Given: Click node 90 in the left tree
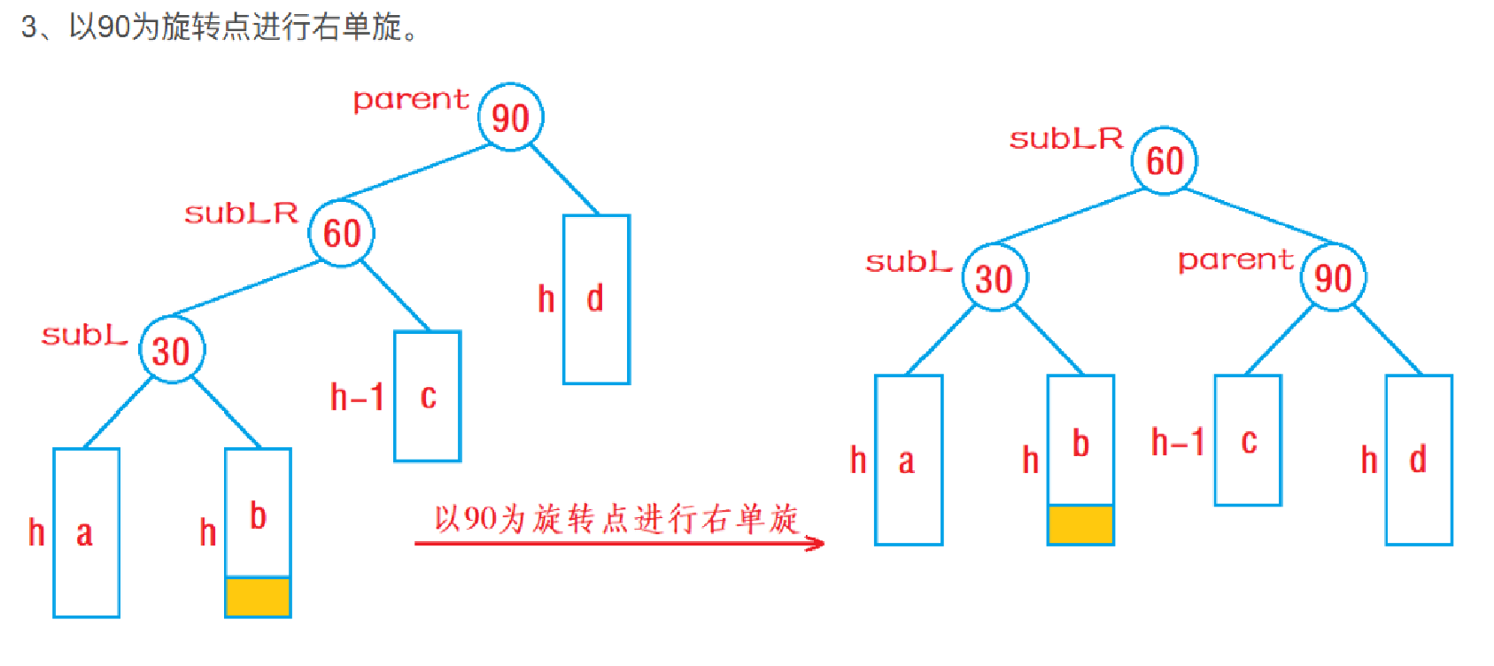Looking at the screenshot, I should click(510, 117).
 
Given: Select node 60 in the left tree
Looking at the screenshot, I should click(341, 233).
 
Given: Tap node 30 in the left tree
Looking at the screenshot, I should click(172, 350).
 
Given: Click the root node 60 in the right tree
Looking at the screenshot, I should click(1165, 160).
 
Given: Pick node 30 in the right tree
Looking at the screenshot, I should click(995, 278).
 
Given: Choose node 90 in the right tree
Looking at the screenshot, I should click(1333, 277).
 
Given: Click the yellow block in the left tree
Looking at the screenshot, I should click(258, 596).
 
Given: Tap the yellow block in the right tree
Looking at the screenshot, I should click(1080, 524).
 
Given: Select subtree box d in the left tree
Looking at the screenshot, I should click(596, 299).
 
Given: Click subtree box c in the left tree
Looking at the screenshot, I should click(428, 396).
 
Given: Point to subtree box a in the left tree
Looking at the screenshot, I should click(86, 532).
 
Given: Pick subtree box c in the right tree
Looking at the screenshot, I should click(1248, 440).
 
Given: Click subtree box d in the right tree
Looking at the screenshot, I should click(1419, 460).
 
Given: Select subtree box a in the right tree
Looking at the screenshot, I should click(908, 460).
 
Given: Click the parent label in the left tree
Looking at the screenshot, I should click(410, 99).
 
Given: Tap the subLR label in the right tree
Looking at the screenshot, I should click(1065, 138).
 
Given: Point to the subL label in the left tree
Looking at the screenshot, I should click(84, 335).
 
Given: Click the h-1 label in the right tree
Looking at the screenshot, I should click(1177, 441).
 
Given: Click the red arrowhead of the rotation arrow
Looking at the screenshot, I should click(816, 543).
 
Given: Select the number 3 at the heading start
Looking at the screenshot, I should click(29, 27).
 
